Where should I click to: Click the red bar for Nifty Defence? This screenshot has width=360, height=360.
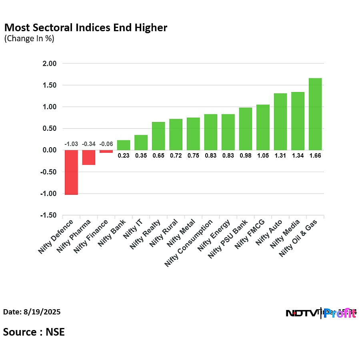(71, 172)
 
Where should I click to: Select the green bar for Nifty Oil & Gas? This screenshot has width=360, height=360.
(315, 114)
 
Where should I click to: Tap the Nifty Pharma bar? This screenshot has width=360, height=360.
(89, 157)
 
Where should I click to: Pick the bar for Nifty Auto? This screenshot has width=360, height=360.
(280, 122)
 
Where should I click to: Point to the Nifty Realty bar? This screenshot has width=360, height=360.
(158, 136)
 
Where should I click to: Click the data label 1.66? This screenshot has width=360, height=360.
(315, 156)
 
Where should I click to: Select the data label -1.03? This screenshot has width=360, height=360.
(71, 144)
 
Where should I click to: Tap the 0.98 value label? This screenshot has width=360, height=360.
(245, 156)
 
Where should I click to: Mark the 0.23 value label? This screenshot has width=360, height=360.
(124, 156)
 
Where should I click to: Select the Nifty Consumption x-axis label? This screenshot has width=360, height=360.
(189, 243)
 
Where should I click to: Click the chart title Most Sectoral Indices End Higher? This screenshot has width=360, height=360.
(85, 28)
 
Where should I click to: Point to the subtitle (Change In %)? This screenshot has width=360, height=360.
(29, 39)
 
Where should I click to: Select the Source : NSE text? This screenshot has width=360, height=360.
(34, 332)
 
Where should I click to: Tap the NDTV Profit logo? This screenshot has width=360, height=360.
(321, 313)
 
